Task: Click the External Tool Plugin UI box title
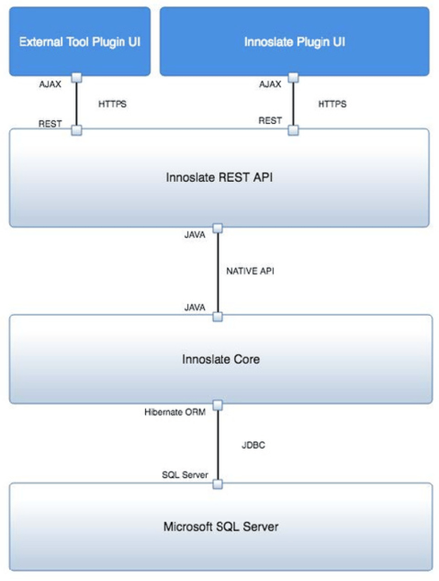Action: tap(80, 42)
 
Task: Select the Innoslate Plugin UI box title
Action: tap(295, 42)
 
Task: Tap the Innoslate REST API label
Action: tap(219, 177)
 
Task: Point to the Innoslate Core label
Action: tap(221, 359)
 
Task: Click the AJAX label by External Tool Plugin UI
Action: tap(50, 84)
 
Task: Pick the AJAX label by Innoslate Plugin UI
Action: tap(270, 84)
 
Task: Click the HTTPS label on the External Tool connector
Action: tap(113, 104)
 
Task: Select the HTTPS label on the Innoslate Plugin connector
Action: tap(332, 104)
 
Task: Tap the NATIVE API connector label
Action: tap(250, 272)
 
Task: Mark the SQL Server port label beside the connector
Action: tap(185, 475)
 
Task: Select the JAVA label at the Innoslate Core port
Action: tap(194, 307)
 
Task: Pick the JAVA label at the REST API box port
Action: tap(194, 235)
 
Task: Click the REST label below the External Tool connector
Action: tap(50, 124)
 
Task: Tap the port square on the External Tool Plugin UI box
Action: tap(76, 77)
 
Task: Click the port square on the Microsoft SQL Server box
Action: tap(218, 484)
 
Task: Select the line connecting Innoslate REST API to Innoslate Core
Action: tap(218, 272)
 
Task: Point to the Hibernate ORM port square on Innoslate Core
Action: tap(218, 405)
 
